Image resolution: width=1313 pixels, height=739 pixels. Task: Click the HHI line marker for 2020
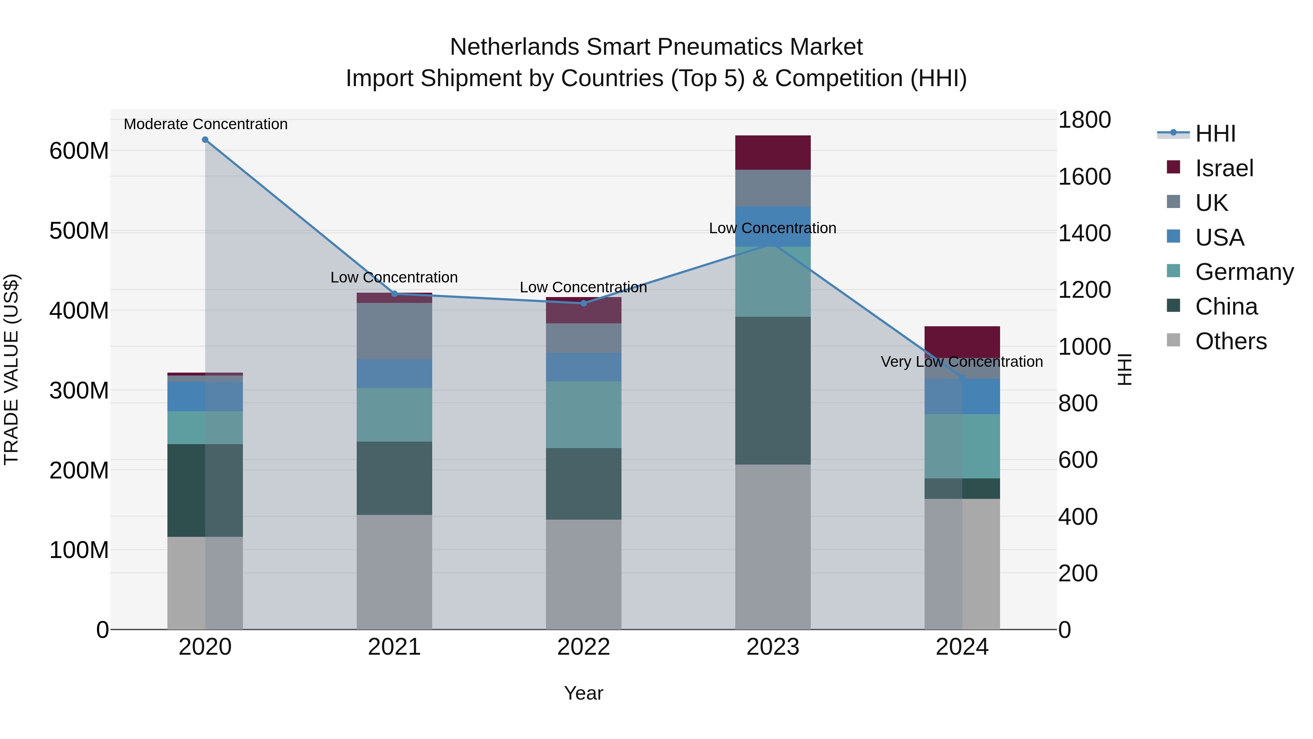pyautogui.click(x=205, y=140)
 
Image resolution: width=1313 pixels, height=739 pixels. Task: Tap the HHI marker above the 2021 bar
pyautogui.click(x=394, y=294)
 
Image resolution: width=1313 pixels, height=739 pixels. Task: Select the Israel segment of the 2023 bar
pyautogui.click(x=773, y=153)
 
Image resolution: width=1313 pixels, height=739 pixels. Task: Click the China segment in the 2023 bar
pyautogui.click(x=773, y=390)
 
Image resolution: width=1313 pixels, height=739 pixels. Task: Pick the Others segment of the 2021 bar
pyautogui.click(x=394, y=572)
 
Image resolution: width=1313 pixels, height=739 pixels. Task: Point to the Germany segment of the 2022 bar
pyautogui.click(x=584, y=415)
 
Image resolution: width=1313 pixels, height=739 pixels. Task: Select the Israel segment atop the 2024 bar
pyautogui.click(x=962, y=342)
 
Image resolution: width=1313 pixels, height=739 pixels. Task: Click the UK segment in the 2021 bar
pyautogui.click(x=394, y=331)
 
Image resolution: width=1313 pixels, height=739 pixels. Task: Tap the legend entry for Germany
pyautogui.click(x=1244, y=272)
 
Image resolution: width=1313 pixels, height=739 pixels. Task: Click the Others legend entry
pyautogui.click(x=1231, y=341)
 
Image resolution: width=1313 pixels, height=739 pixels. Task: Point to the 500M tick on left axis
pyautogui.click(x=79, y=231)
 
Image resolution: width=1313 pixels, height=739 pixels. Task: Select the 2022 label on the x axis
pyautogui.click(x=584, y=647)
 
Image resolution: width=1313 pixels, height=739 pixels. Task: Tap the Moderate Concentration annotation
pyautogui.click(x=205, y=124)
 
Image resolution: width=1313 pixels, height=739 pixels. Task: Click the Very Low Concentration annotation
pyautogui.click(x=961, y=362)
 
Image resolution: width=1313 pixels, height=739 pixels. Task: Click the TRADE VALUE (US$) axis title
pyautogui.click(x=11, y=369)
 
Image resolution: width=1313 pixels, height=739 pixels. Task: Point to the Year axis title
pyautogui.click(x=583, y=693)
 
